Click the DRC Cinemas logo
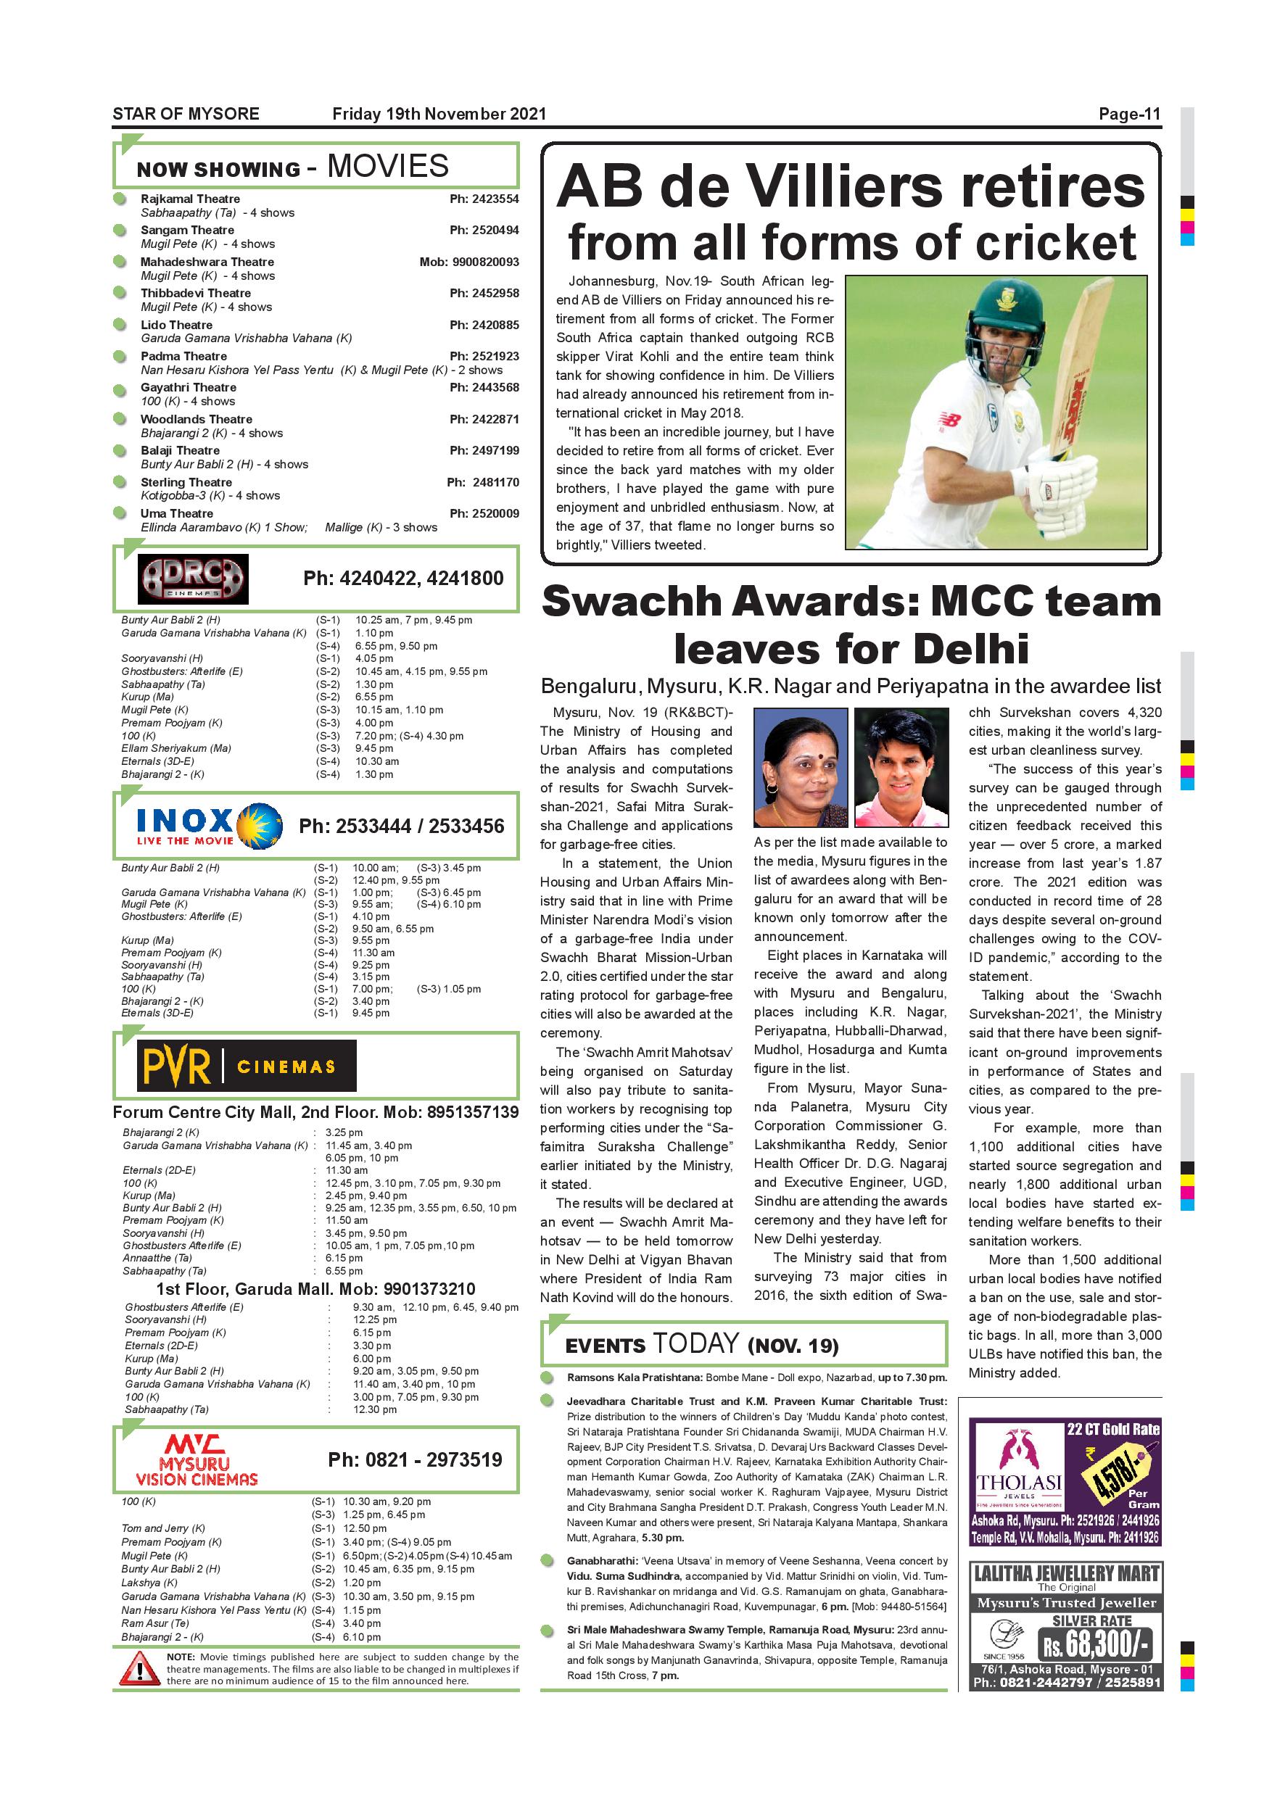tap(193, 579)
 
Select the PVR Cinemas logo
tap(246, 1066)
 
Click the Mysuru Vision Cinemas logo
tap(197, 1459)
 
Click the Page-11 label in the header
tap(1128, 115)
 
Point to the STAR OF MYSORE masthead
tap(186, 115)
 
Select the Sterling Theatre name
tap(186, 482)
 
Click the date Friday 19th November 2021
tap(439, 115)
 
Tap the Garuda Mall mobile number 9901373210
tap(429, 1288)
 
